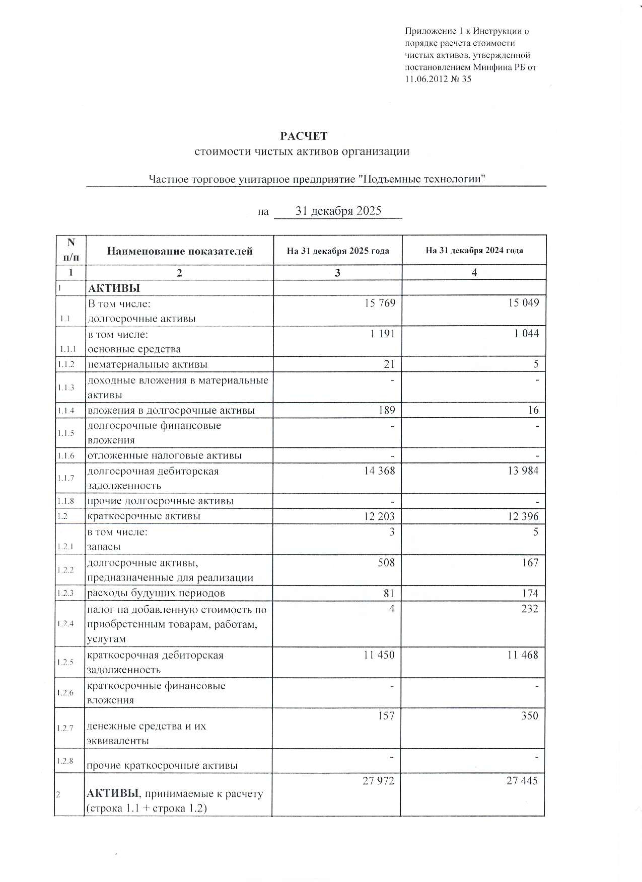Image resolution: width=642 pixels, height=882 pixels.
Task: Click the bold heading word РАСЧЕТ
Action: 304,136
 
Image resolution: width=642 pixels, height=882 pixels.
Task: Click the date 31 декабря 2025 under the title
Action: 338,211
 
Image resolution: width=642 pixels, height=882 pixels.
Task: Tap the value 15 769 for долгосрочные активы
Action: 379,303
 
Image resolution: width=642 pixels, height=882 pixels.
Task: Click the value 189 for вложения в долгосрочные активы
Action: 386,410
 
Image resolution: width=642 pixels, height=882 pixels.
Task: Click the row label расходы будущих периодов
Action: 156,593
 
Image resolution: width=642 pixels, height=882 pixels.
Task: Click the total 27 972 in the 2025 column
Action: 378,781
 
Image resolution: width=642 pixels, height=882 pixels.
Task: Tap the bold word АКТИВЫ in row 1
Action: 114,288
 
